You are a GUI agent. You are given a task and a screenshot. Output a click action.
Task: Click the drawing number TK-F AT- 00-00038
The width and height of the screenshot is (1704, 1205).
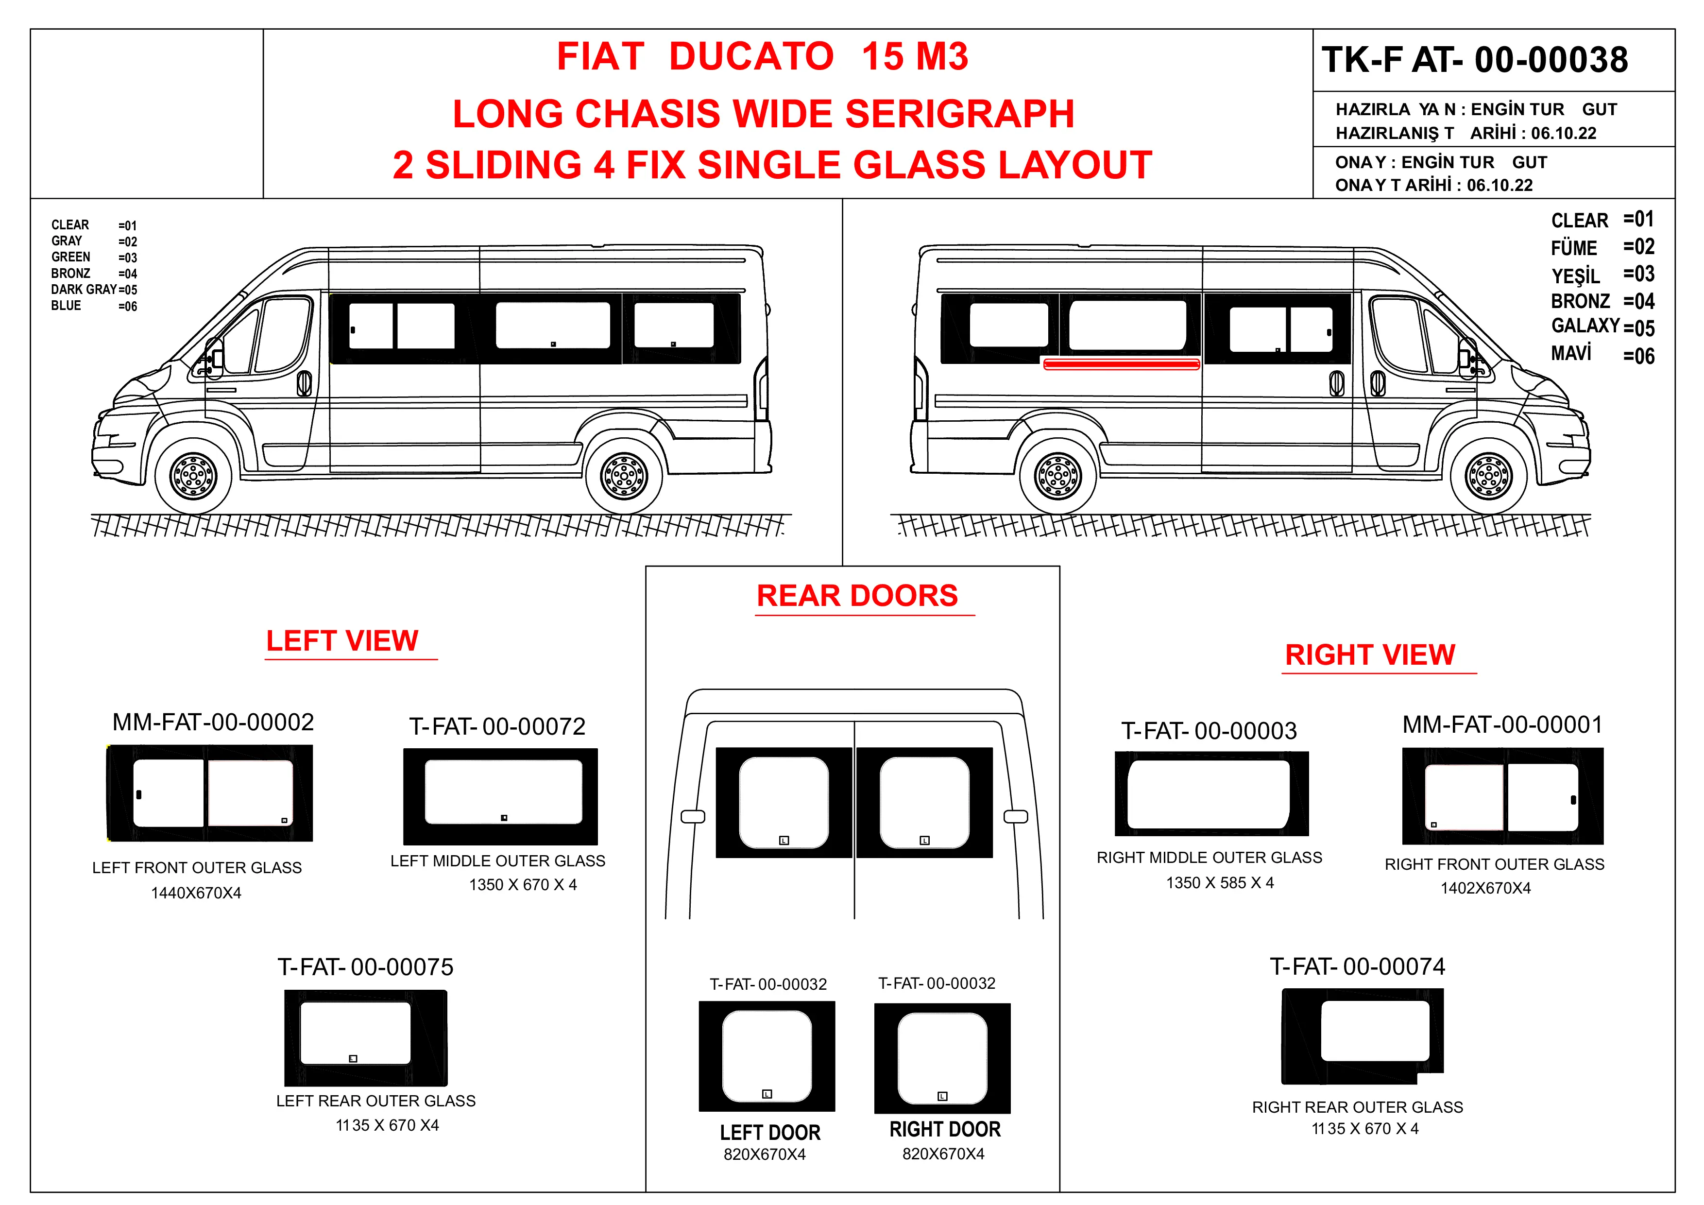1475,59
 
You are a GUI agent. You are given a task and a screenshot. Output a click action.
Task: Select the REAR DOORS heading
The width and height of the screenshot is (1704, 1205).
857,595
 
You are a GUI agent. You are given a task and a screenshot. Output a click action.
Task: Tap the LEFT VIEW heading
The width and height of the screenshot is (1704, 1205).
342,641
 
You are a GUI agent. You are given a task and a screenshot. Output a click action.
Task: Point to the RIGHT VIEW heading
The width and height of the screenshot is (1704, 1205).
1370,655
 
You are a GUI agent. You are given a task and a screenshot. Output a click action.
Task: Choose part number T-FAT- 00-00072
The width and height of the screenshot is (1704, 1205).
497,726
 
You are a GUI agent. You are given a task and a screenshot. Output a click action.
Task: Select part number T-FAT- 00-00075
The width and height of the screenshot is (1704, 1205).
365,967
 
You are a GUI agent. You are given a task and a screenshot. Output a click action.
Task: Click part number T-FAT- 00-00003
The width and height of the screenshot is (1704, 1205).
1209,731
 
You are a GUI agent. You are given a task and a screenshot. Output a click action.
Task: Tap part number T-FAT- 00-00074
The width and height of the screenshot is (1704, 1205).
1357,966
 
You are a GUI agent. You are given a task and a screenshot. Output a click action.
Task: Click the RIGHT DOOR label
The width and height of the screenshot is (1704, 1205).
945,1129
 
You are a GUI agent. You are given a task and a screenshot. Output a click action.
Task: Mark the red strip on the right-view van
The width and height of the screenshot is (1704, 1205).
1122,364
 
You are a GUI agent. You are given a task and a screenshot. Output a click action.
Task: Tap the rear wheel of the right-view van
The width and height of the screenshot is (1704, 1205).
1057,475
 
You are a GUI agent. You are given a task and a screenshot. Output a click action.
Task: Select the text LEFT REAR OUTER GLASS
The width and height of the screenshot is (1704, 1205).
375,1101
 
